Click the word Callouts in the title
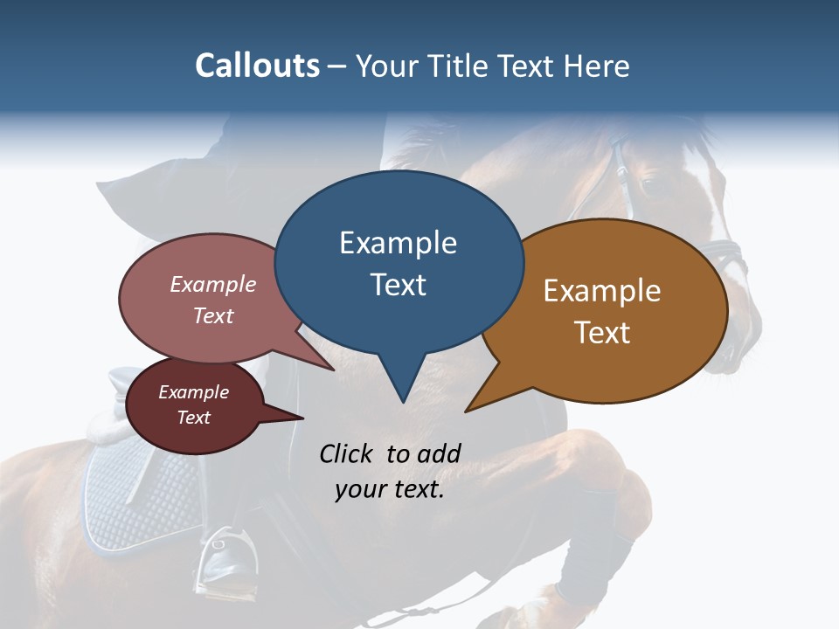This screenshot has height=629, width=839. pos(257,66)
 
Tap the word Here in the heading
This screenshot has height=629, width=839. pos(597,66)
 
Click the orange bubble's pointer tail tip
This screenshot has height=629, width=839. pos(467,411)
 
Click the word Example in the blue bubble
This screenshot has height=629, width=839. pos(398,243)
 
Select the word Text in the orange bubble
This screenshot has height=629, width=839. pos(602,332)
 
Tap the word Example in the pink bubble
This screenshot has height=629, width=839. pos(213,284)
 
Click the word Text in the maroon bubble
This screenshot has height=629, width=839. pos(194,418)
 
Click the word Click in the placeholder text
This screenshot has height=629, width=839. pos(348,453)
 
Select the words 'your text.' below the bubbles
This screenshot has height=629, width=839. pos(390,489)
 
